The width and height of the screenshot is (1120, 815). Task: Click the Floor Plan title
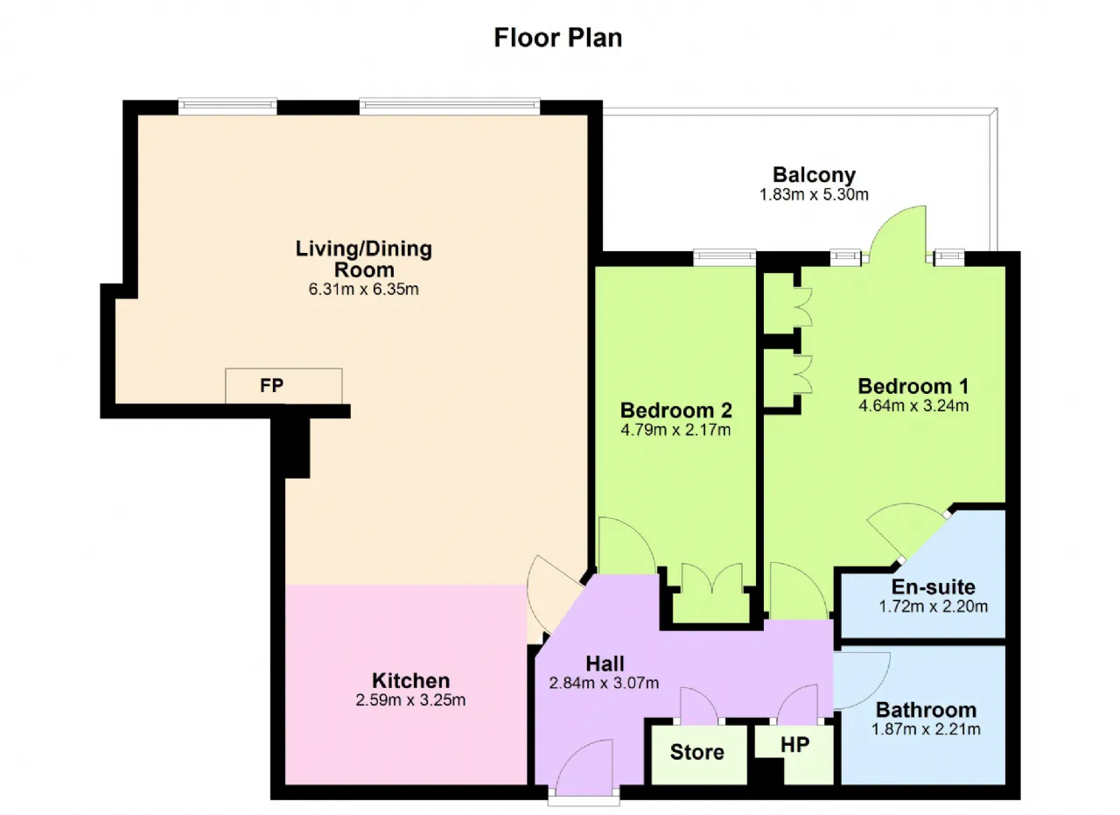click(558, 38)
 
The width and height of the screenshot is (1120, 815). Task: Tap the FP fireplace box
click(283, 386)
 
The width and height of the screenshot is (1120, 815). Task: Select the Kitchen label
click(411, 680)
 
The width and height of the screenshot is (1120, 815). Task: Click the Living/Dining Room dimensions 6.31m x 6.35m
click(363, 289)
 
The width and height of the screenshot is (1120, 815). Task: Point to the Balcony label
click(814, 174)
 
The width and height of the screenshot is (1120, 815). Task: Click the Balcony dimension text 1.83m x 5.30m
click(814, 194)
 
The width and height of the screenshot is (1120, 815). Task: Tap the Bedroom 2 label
click(676, 411)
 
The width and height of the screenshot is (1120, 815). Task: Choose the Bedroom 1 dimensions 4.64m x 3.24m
click(913, 405)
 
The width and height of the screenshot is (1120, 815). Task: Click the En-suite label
click(933, 587)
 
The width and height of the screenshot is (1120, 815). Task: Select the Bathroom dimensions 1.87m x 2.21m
click(926, 729)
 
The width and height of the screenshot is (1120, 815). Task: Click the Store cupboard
click(699, 755)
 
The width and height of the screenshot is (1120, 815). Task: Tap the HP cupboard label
click(795, 745)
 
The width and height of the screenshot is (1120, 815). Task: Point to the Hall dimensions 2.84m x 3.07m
click(604, 683)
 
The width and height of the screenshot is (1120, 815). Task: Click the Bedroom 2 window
click(724, 258)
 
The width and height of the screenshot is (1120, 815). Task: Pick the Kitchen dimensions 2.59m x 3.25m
click(410, 699)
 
